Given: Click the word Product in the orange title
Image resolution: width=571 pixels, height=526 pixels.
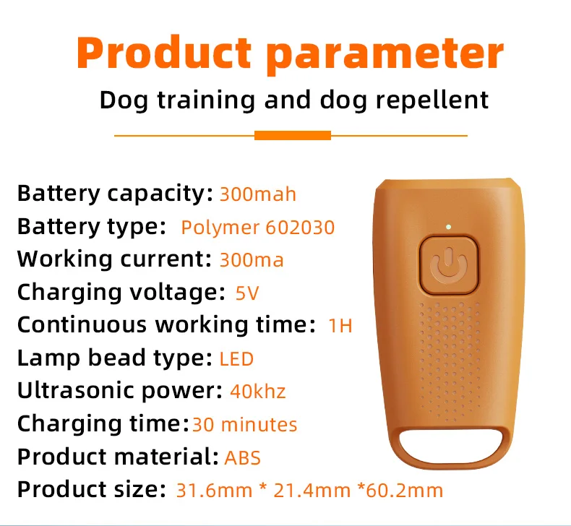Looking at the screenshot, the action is tap(164, 52).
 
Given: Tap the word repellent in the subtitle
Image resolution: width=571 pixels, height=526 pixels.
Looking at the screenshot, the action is tap(432, 100).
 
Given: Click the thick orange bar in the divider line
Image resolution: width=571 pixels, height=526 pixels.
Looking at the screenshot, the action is tap(293, 135).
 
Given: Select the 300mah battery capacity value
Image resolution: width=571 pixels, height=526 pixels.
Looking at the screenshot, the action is tap(258, 194).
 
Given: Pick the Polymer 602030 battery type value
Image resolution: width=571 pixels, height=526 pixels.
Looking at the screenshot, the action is tap(258, 228).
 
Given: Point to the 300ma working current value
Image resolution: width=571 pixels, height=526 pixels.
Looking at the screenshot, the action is tap(252, 260).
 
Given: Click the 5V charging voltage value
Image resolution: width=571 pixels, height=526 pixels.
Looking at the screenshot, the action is tap(247, 293).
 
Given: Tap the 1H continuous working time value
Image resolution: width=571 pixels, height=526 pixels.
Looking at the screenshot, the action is tap(340, 326).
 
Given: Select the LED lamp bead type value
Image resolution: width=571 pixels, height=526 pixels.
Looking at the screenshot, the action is tap(236, 359).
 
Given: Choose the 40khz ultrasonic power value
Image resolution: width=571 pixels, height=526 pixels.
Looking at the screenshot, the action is tap(258, 392).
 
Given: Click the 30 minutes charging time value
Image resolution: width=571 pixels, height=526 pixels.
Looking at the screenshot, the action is tap(244, 425).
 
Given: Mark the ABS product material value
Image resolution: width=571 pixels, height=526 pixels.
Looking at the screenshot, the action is tap(243, 458).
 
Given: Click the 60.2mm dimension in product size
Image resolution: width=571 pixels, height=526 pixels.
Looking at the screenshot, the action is tap(404, 491).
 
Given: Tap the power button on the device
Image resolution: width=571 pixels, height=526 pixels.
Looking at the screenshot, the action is tap(448, 265).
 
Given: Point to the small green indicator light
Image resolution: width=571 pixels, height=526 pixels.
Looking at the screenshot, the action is tap(448, 227).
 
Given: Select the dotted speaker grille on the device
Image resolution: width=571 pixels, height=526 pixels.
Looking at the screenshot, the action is tap(449, 361).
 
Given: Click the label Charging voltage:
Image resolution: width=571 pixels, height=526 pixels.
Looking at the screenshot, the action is tap(121, 293).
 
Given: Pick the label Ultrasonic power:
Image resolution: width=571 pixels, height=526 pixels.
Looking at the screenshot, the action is tap(120, 391).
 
